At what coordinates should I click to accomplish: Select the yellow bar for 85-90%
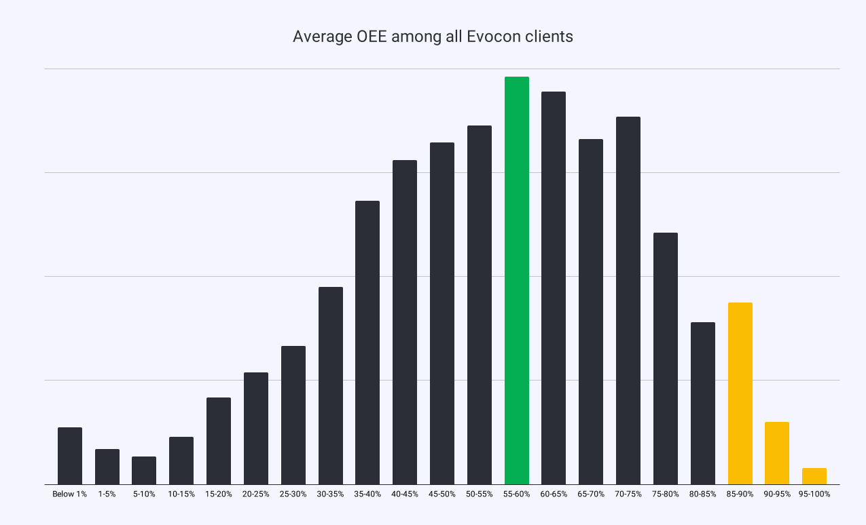point(740,393)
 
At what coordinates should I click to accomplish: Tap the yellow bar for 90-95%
point(777,453)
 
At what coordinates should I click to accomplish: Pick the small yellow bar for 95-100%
point(814,476)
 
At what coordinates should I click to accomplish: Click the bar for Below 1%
point(70,456)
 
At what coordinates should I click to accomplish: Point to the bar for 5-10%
point(144,470)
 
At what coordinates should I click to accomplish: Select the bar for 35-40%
point(367,343)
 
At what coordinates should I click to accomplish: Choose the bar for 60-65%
point(554,288)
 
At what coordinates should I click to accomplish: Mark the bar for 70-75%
point(628,300)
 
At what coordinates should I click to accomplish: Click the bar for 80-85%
point(702,403)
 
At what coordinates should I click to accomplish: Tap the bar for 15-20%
point(219,441)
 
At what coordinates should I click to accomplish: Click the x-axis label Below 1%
point(70,494)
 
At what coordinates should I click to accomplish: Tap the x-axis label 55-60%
point(516,494)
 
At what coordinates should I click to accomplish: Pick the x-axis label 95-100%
point(814,494)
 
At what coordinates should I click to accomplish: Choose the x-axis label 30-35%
point(330,494)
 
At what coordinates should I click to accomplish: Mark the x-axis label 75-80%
point(665,494)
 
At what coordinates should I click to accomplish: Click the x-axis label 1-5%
point(107,494)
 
